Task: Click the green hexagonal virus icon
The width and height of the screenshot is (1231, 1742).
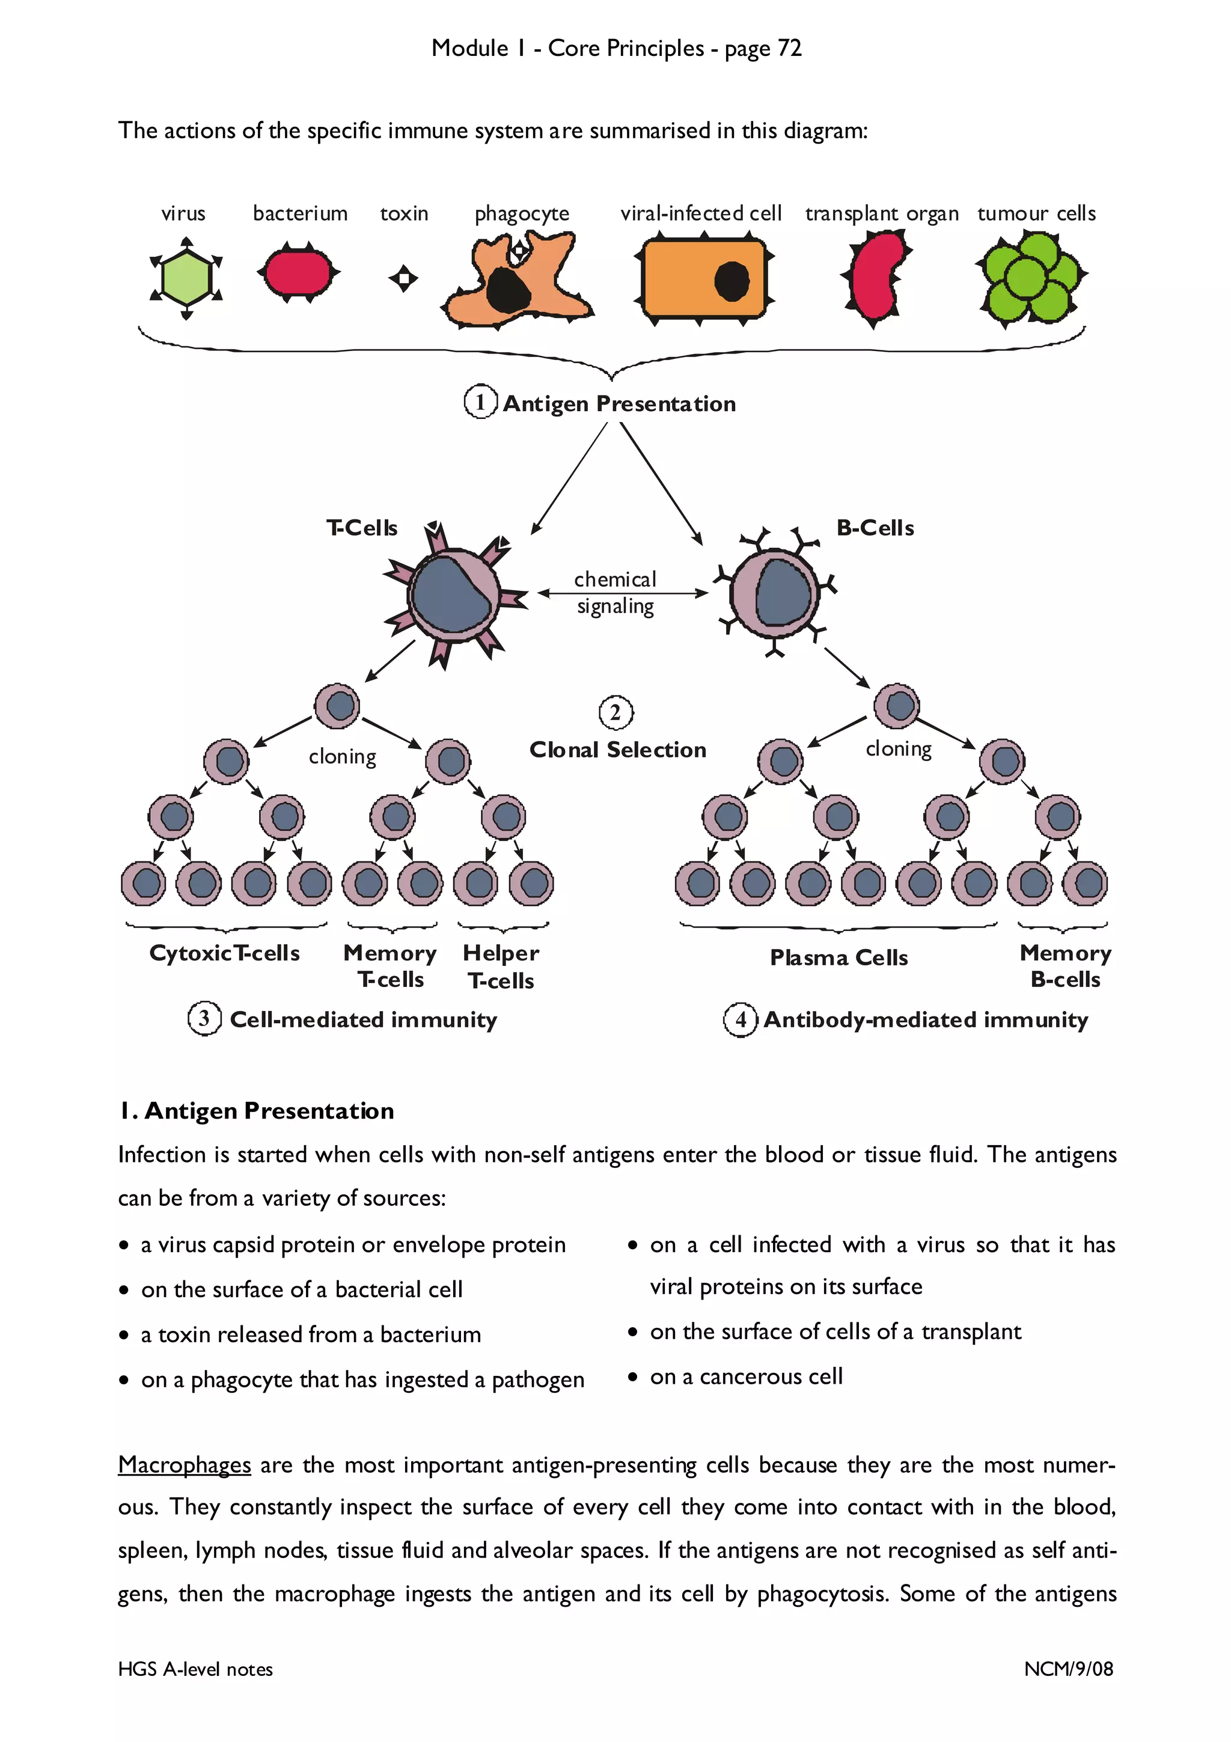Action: coord(186,278)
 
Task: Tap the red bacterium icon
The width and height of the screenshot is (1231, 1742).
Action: coord(298,272)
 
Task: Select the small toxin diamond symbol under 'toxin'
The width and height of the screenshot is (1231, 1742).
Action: coord(403,278)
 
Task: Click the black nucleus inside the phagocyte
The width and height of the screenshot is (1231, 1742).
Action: coord(506,290)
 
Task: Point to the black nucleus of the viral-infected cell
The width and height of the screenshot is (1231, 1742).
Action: coord(731,281)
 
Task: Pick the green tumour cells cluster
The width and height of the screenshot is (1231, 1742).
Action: coord(1031,278)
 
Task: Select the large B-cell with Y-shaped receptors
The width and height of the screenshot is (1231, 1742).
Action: coord(774,592)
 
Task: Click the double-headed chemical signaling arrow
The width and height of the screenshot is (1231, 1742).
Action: coord(622,593)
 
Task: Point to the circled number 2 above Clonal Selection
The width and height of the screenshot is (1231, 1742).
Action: coord(615,712)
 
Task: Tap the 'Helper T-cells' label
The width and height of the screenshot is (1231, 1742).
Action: coord(501,967)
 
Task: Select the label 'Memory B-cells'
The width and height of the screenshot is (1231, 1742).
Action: coord(1065,966)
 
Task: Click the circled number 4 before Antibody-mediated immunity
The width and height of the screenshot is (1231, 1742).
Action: coord(741,1019)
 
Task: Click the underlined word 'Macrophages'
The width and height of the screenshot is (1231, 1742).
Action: coord(185,1464)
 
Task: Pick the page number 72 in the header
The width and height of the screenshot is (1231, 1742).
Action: coord(790,48)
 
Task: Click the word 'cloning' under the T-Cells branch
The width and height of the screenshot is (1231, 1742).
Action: coord(342,756)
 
